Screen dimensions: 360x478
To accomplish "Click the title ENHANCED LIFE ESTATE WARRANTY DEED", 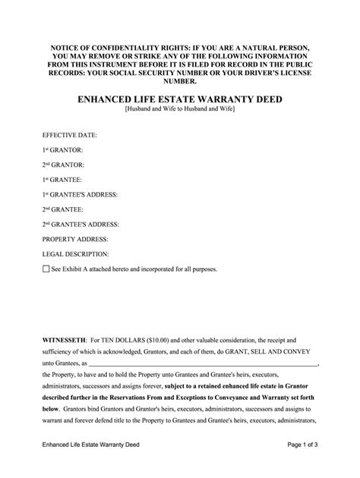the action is (180, 99).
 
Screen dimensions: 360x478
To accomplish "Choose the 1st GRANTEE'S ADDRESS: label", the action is (80, 194).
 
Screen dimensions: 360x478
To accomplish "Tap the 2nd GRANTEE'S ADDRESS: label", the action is (81, 224).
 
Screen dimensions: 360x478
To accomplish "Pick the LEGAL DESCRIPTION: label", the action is (77, 254).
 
